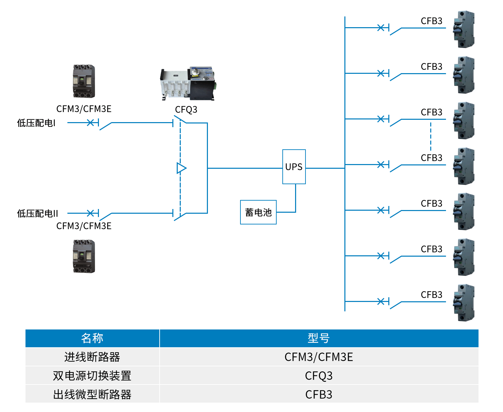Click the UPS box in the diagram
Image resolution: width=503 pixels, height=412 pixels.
[x=294, y=167]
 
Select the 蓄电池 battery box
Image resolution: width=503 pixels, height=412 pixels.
[x=258, y=212]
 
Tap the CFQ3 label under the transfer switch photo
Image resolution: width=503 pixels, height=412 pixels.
[x=186, y=109]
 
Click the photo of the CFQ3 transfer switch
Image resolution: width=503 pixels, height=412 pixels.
[x=187, y=83]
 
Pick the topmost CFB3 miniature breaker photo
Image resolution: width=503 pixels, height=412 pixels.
[x=464, y=30]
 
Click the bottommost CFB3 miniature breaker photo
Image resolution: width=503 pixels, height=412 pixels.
[x=464, y=303]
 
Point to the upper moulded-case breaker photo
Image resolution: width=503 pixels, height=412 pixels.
[x=84, y=82]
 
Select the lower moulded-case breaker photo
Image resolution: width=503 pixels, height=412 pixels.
[x=84, y=256]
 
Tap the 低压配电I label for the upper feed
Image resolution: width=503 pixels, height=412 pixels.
[x=36, y=123]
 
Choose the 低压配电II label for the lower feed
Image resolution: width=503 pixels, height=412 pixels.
[x=38, y=213]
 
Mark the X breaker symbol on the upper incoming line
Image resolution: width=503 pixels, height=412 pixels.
[x=90, y=123]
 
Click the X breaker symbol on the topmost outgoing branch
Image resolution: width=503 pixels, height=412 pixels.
[x=381, y=28]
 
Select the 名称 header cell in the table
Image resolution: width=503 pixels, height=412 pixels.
[x=92, y=338]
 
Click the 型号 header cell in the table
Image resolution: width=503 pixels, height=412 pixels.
[x=319, y=338]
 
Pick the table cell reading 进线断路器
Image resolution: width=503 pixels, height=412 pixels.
[x=92, y=357]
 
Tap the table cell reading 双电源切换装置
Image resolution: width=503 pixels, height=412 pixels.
[x=92, y=375]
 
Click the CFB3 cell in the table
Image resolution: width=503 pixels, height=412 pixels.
[x=319, y=394]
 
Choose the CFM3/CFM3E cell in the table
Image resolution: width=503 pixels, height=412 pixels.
[x=319, y=357]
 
